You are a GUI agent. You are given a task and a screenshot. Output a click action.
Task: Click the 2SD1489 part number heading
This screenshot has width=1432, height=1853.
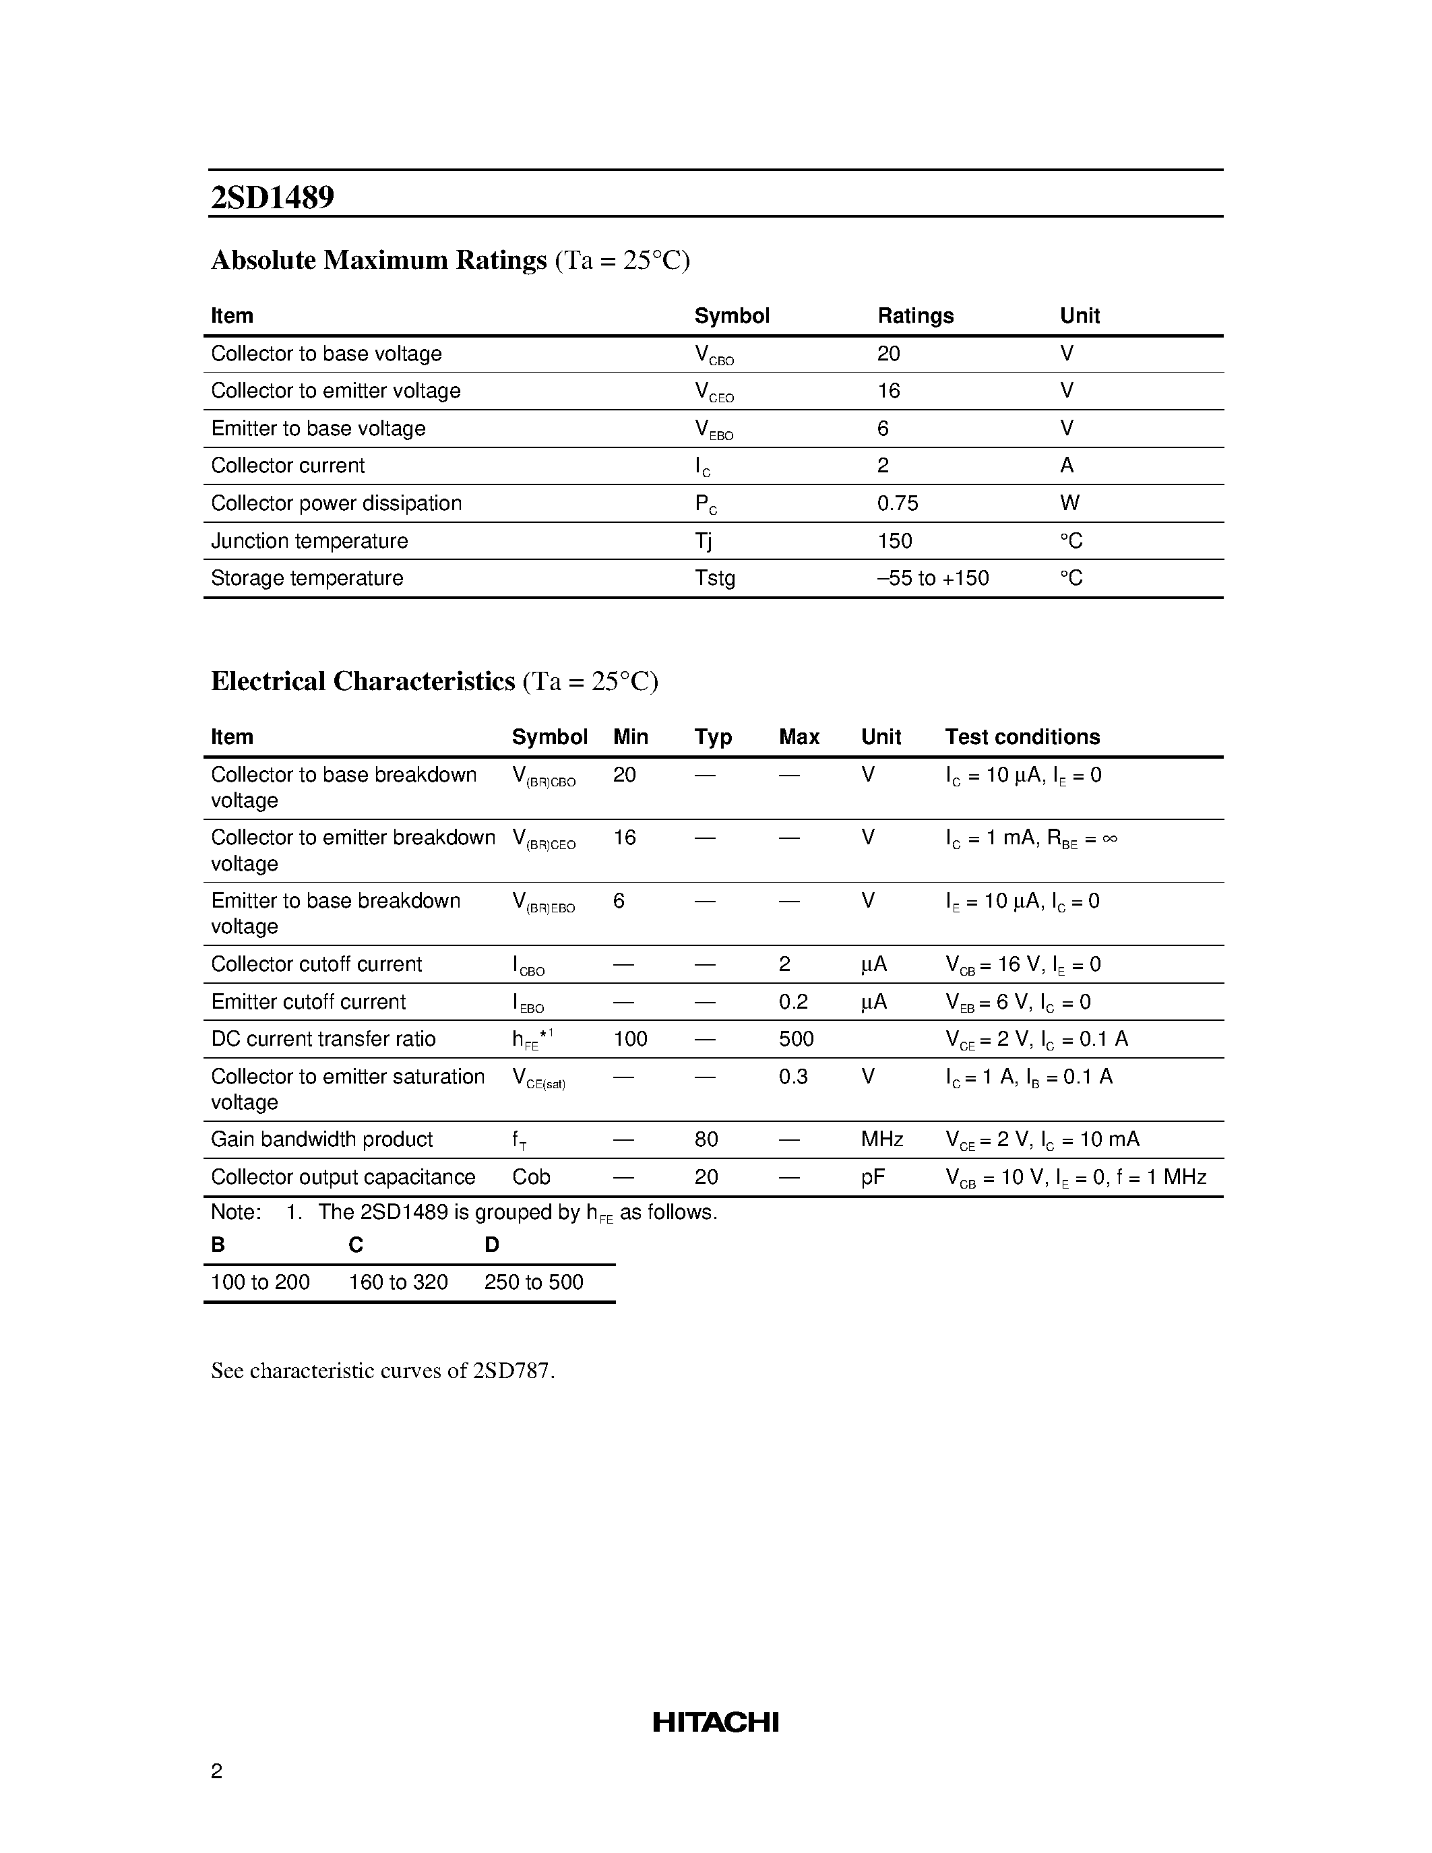click(x=272, y=197)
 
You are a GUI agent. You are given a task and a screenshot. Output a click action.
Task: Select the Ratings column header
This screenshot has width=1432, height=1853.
click(x=914, y=315)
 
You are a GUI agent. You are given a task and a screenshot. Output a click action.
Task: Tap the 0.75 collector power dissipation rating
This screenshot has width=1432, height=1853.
click(x=897, y=503)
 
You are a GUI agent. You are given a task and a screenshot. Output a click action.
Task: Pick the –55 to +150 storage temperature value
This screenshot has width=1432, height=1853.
click(x=933, y=579)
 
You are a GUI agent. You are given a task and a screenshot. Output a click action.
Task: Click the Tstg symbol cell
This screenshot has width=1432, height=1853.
click(x=714, y=579)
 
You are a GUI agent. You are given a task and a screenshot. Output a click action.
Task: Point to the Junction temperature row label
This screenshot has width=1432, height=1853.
click(x=309, y=541)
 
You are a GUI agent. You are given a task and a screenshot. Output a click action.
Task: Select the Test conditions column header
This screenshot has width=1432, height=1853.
click(x=1022, y=736)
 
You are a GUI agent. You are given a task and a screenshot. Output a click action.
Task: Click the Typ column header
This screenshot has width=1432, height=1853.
click(x=712, y=736)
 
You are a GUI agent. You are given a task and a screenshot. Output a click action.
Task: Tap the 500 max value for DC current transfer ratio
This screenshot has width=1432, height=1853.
click(x=796, y=1039)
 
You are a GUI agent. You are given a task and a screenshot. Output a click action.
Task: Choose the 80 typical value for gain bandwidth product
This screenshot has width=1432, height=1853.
click(x=706, y=1139)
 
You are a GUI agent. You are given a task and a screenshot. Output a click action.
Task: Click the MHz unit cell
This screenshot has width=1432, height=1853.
click(x=881, y=1139)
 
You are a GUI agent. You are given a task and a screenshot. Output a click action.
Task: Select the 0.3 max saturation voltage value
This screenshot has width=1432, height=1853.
click(x=792, y=1077)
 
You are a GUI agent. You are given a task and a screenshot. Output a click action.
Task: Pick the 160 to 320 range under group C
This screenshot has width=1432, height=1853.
click(x=398, y=1282)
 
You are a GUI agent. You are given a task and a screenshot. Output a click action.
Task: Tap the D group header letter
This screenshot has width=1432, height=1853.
click(x=492, y=1245)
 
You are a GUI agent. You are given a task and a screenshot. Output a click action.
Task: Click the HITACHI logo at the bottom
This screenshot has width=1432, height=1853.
click(x=715, y=1722)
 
